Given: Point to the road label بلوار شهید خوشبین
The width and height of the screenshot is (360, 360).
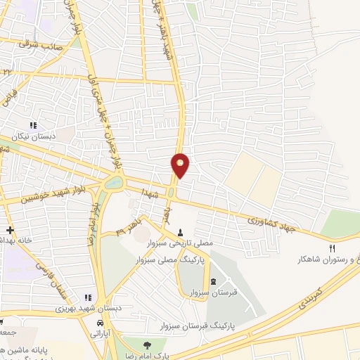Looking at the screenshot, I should (x=35, y=196).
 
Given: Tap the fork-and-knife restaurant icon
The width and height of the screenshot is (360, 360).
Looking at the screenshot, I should (x=333, y=248).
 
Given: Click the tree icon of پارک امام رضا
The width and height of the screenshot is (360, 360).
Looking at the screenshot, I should (x=147, y=345).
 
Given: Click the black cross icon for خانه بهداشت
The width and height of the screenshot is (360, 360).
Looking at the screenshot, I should (x=10, y=230).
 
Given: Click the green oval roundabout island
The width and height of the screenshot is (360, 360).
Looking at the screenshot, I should (x=112, y=184).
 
